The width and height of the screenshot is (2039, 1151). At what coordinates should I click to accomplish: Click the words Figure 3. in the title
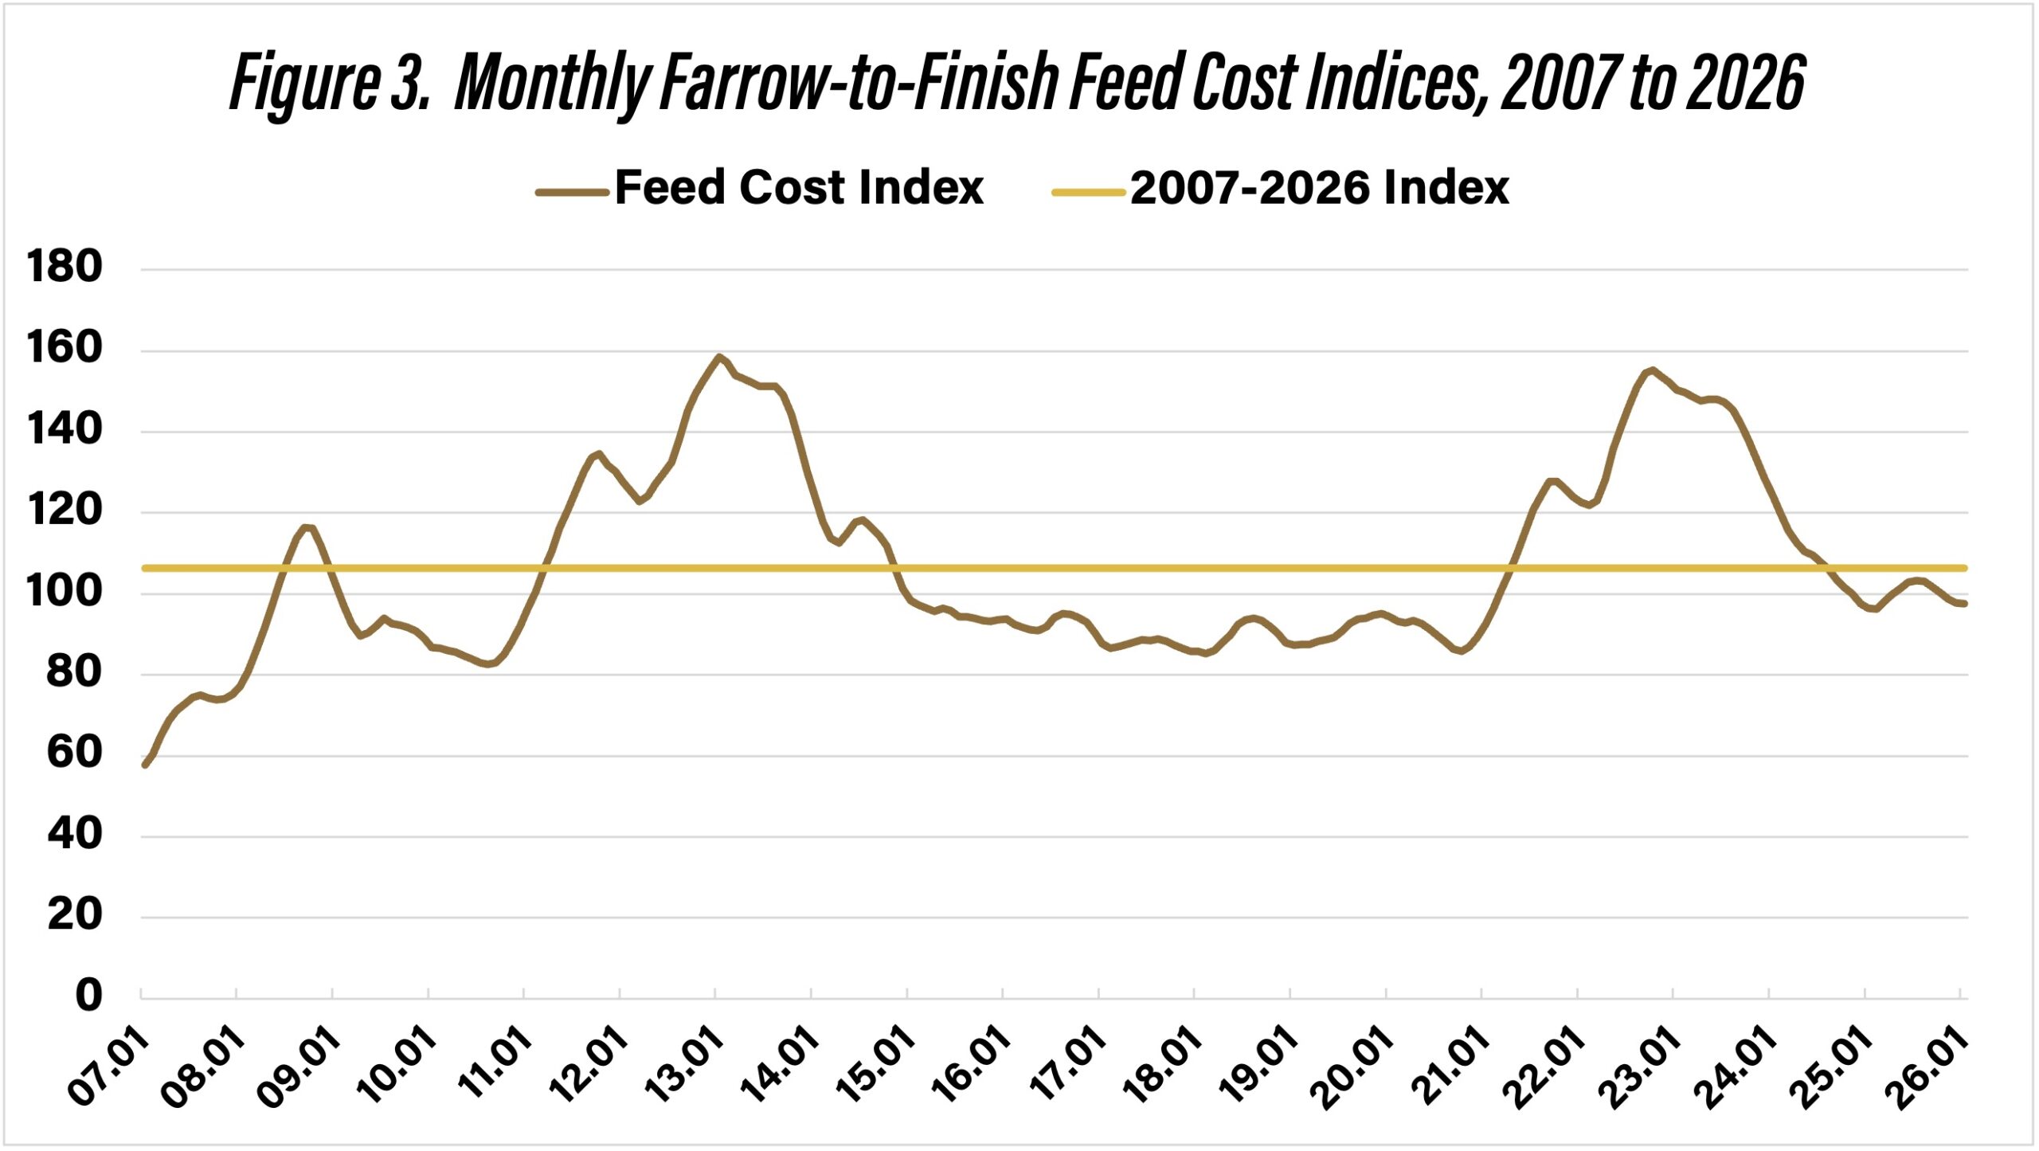(329, 83)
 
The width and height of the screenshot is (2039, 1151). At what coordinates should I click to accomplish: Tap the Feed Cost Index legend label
(799, 189)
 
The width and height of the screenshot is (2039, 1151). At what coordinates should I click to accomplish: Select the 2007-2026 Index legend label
(1319, 189)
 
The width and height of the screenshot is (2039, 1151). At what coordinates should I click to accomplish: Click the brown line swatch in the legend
(572, 192)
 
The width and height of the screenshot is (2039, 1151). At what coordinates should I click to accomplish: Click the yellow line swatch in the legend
(1087, 192)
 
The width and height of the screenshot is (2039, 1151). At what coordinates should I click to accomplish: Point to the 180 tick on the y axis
(65, 267)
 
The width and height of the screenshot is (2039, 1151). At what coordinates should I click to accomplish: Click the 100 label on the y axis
(65, 591)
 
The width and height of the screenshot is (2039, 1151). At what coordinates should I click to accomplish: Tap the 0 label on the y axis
(88, 996)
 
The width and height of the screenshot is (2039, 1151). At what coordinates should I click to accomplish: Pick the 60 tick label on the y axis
(74, 753)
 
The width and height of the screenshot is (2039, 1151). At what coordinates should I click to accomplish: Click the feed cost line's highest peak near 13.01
(718, 356)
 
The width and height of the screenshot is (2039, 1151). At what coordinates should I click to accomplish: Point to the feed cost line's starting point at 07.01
(144, 765)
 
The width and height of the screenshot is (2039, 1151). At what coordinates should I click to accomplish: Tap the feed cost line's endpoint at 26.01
(1965, 604)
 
